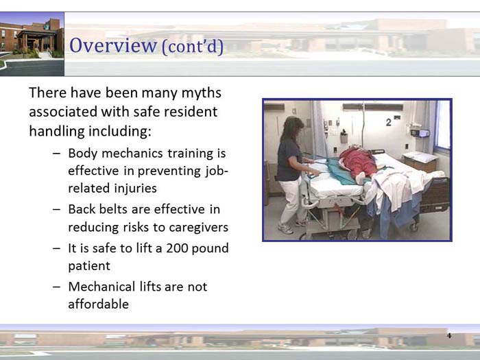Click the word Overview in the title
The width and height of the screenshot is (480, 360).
tap(113, 46)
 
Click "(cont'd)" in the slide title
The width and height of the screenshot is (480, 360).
tap(192, 47)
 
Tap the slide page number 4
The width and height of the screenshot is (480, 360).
tap(449, 336)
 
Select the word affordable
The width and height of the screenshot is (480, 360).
tap(98, 304)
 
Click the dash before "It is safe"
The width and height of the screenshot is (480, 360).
tap(56, 248)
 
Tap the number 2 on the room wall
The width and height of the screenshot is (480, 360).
tap(388, 122)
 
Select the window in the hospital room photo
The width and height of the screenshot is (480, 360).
tap(442, 127)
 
